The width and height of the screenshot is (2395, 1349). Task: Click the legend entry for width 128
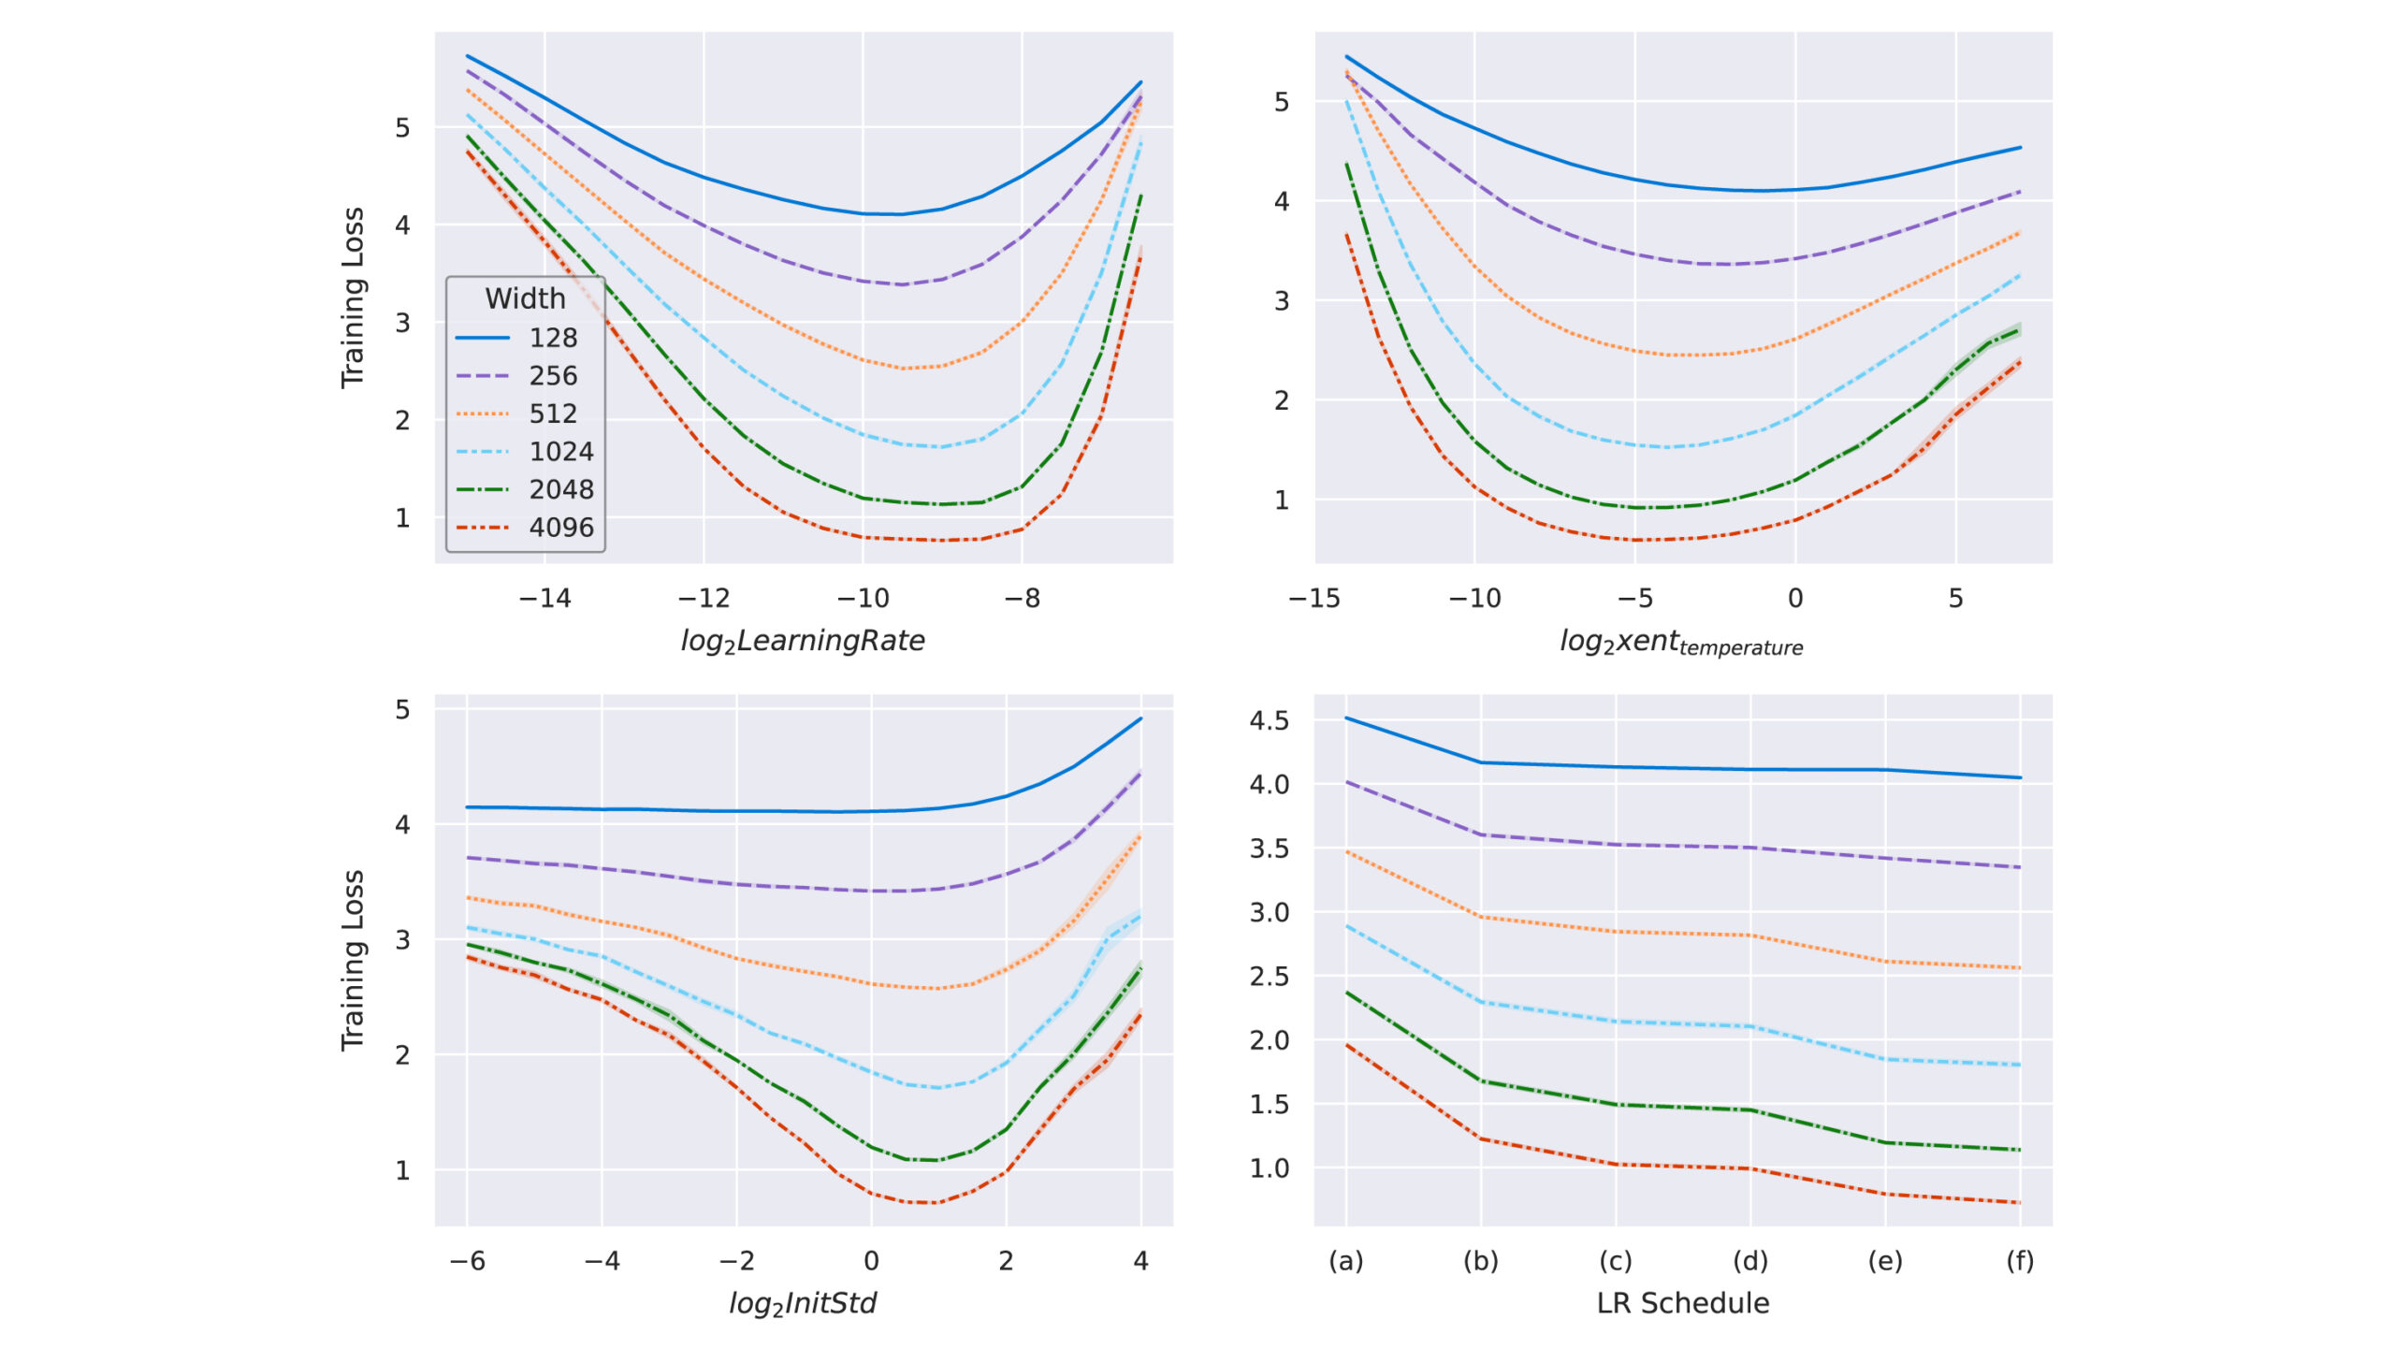tap(552, 338)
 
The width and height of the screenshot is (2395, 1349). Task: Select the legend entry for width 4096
tap(560, 528)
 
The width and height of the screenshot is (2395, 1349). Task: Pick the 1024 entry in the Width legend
tap(560, 452)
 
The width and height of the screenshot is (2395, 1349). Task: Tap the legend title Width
tap(525, 298)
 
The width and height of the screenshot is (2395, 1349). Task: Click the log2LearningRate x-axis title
tap(803, 641)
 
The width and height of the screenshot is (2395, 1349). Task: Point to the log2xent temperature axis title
tap(1681, 643)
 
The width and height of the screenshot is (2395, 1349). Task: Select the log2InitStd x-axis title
tap(803, 1303)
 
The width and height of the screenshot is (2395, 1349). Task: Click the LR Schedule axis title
tap(1682, 1303)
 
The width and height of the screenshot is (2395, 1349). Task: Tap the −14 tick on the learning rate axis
tap(544, 599)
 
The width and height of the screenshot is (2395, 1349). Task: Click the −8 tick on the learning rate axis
tap(1022, 599)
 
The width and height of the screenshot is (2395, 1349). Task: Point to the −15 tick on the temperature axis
tap(1314, 599)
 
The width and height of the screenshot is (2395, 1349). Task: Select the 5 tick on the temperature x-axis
tap(1955, 599)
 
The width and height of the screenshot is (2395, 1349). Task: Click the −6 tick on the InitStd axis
tap(467, 1261)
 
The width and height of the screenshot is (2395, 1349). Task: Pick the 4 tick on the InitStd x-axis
tap(1140, 1261)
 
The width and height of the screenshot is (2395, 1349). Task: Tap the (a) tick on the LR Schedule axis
tap(1346, 1261)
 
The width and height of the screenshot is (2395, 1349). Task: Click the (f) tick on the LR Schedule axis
tap(2020, 1261)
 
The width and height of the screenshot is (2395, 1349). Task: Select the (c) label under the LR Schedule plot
tap(1616, 1261)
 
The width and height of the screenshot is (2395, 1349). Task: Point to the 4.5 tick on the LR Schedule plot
tap(1269, 720)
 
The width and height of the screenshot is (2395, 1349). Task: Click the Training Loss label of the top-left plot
tap(353, 297)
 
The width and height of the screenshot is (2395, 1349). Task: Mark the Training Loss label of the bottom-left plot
tap(353, 961)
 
